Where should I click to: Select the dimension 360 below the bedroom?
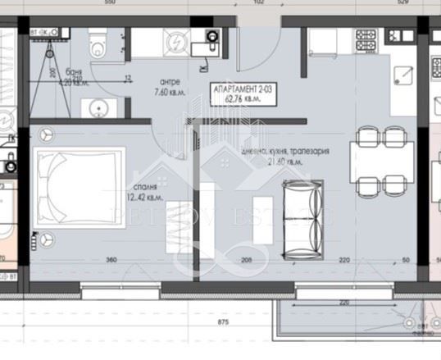[x=111, y=260]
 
